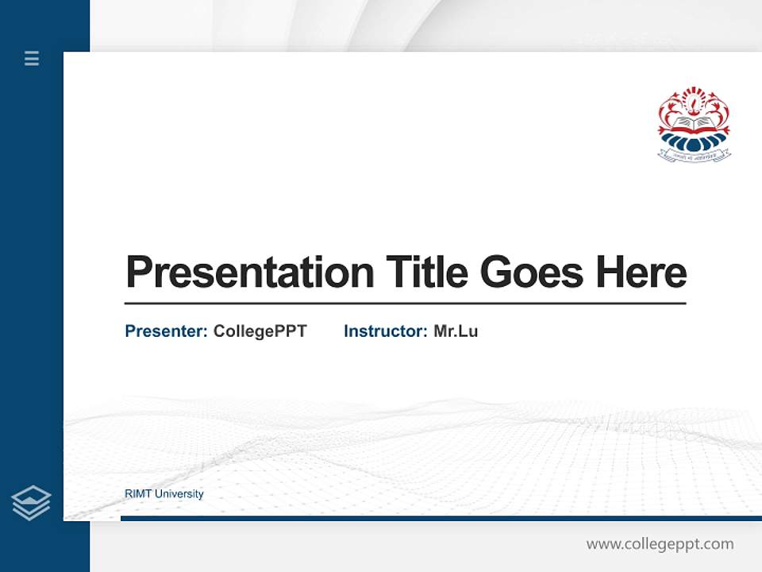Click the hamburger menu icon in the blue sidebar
click(x=32, y=58)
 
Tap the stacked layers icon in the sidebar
click(x=31, y=503)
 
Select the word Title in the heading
click(x=427, y=272)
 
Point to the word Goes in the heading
click(x=532, y=272)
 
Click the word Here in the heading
click(x=641, y=272)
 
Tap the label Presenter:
click(x=166, y=331)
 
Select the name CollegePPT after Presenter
click(x=260, y=331)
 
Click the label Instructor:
click(x=385, y=331)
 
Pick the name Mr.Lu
click(x=456, y=331)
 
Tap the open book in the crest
click(x=694, y=124)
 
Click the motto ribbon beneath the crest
click(x=694, y=157)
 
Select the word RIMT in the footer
click(x=138, y=494)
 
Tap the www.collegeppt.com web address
click(x=660, y=544)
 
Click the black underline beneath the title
click(x=405, y=303)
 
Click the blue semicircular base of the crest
click(x=694, y=141)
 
